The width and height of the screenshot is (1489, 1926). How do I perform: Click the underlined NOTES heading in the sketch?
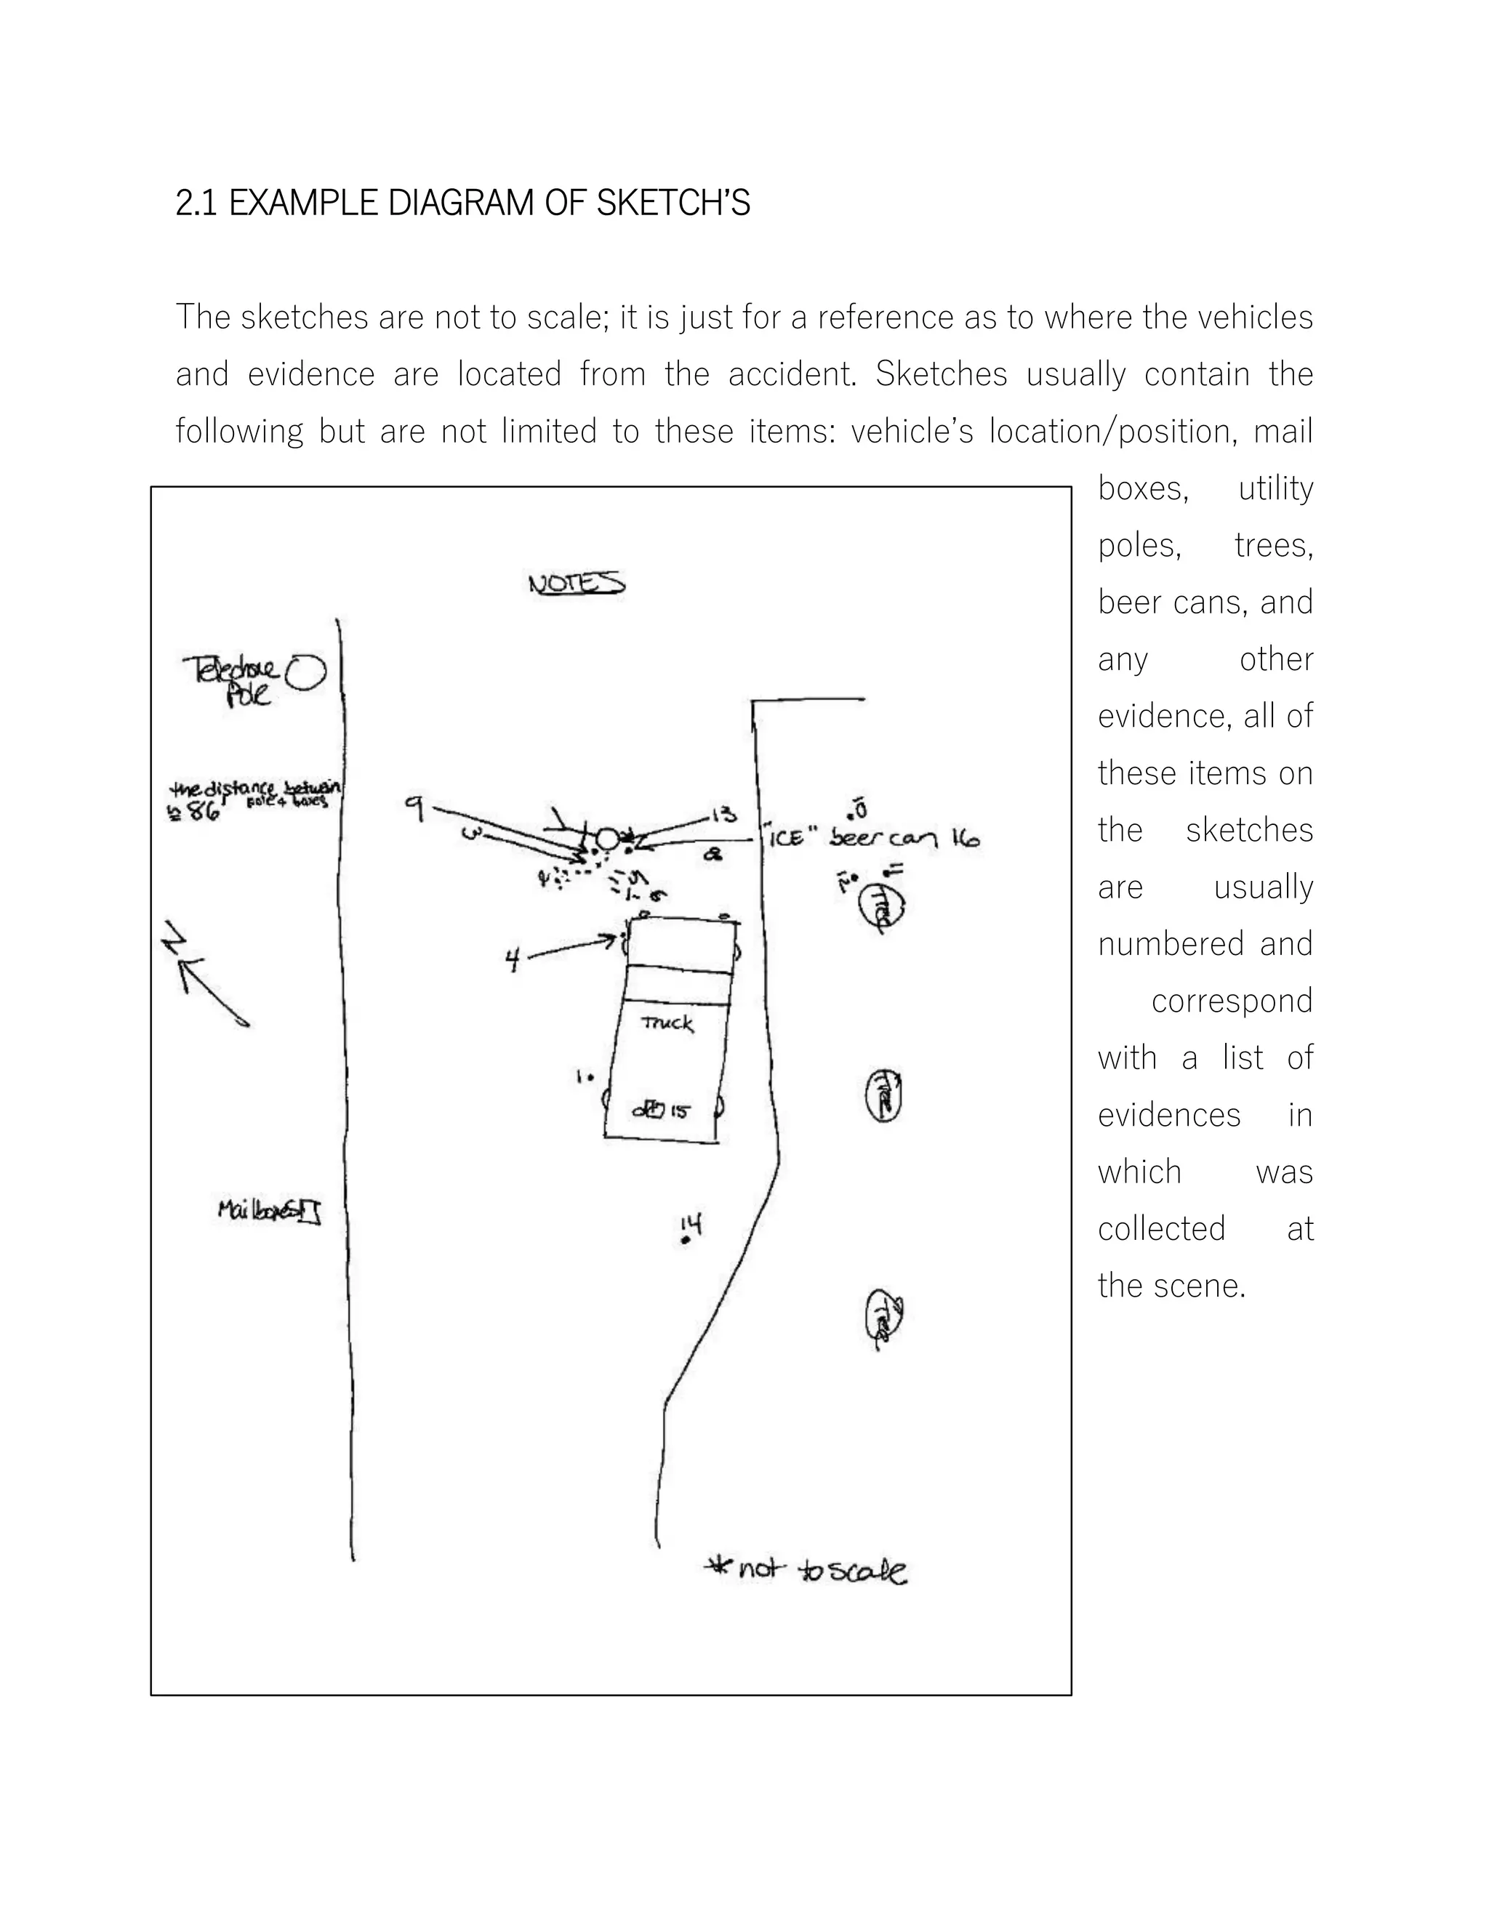[x=576, y=584]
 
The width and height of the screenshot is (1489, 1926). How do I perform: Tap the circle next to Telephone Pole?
[x=307, y=673]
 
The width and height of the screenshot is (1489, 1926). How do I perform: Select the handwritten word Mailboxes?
[x=257, y=1210]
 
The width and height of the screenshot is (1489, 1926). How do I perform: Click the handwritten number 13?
[x=723, y=814]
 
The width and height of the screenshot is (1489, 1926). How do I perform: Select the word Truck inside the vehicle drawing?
[x=667, y=1023]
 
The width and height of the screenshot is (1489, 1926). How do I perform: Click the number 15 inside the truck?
[x=678, y=1111]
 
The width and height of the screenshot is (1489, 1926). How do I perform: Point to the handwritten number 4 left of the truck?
[x=513, y=959]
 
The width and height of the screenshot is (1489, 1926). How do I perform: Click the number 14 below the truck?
[x=691, y=1224]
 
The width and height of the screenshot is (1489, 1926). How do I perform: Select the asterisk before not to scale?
[x=719, y=1566]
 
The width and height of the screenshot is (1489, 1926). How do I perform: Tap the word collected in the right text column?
[x=1162, y=1228]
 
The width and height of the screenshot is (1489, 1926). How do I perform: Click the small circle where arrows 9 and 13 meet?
[x=607, y=839]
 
